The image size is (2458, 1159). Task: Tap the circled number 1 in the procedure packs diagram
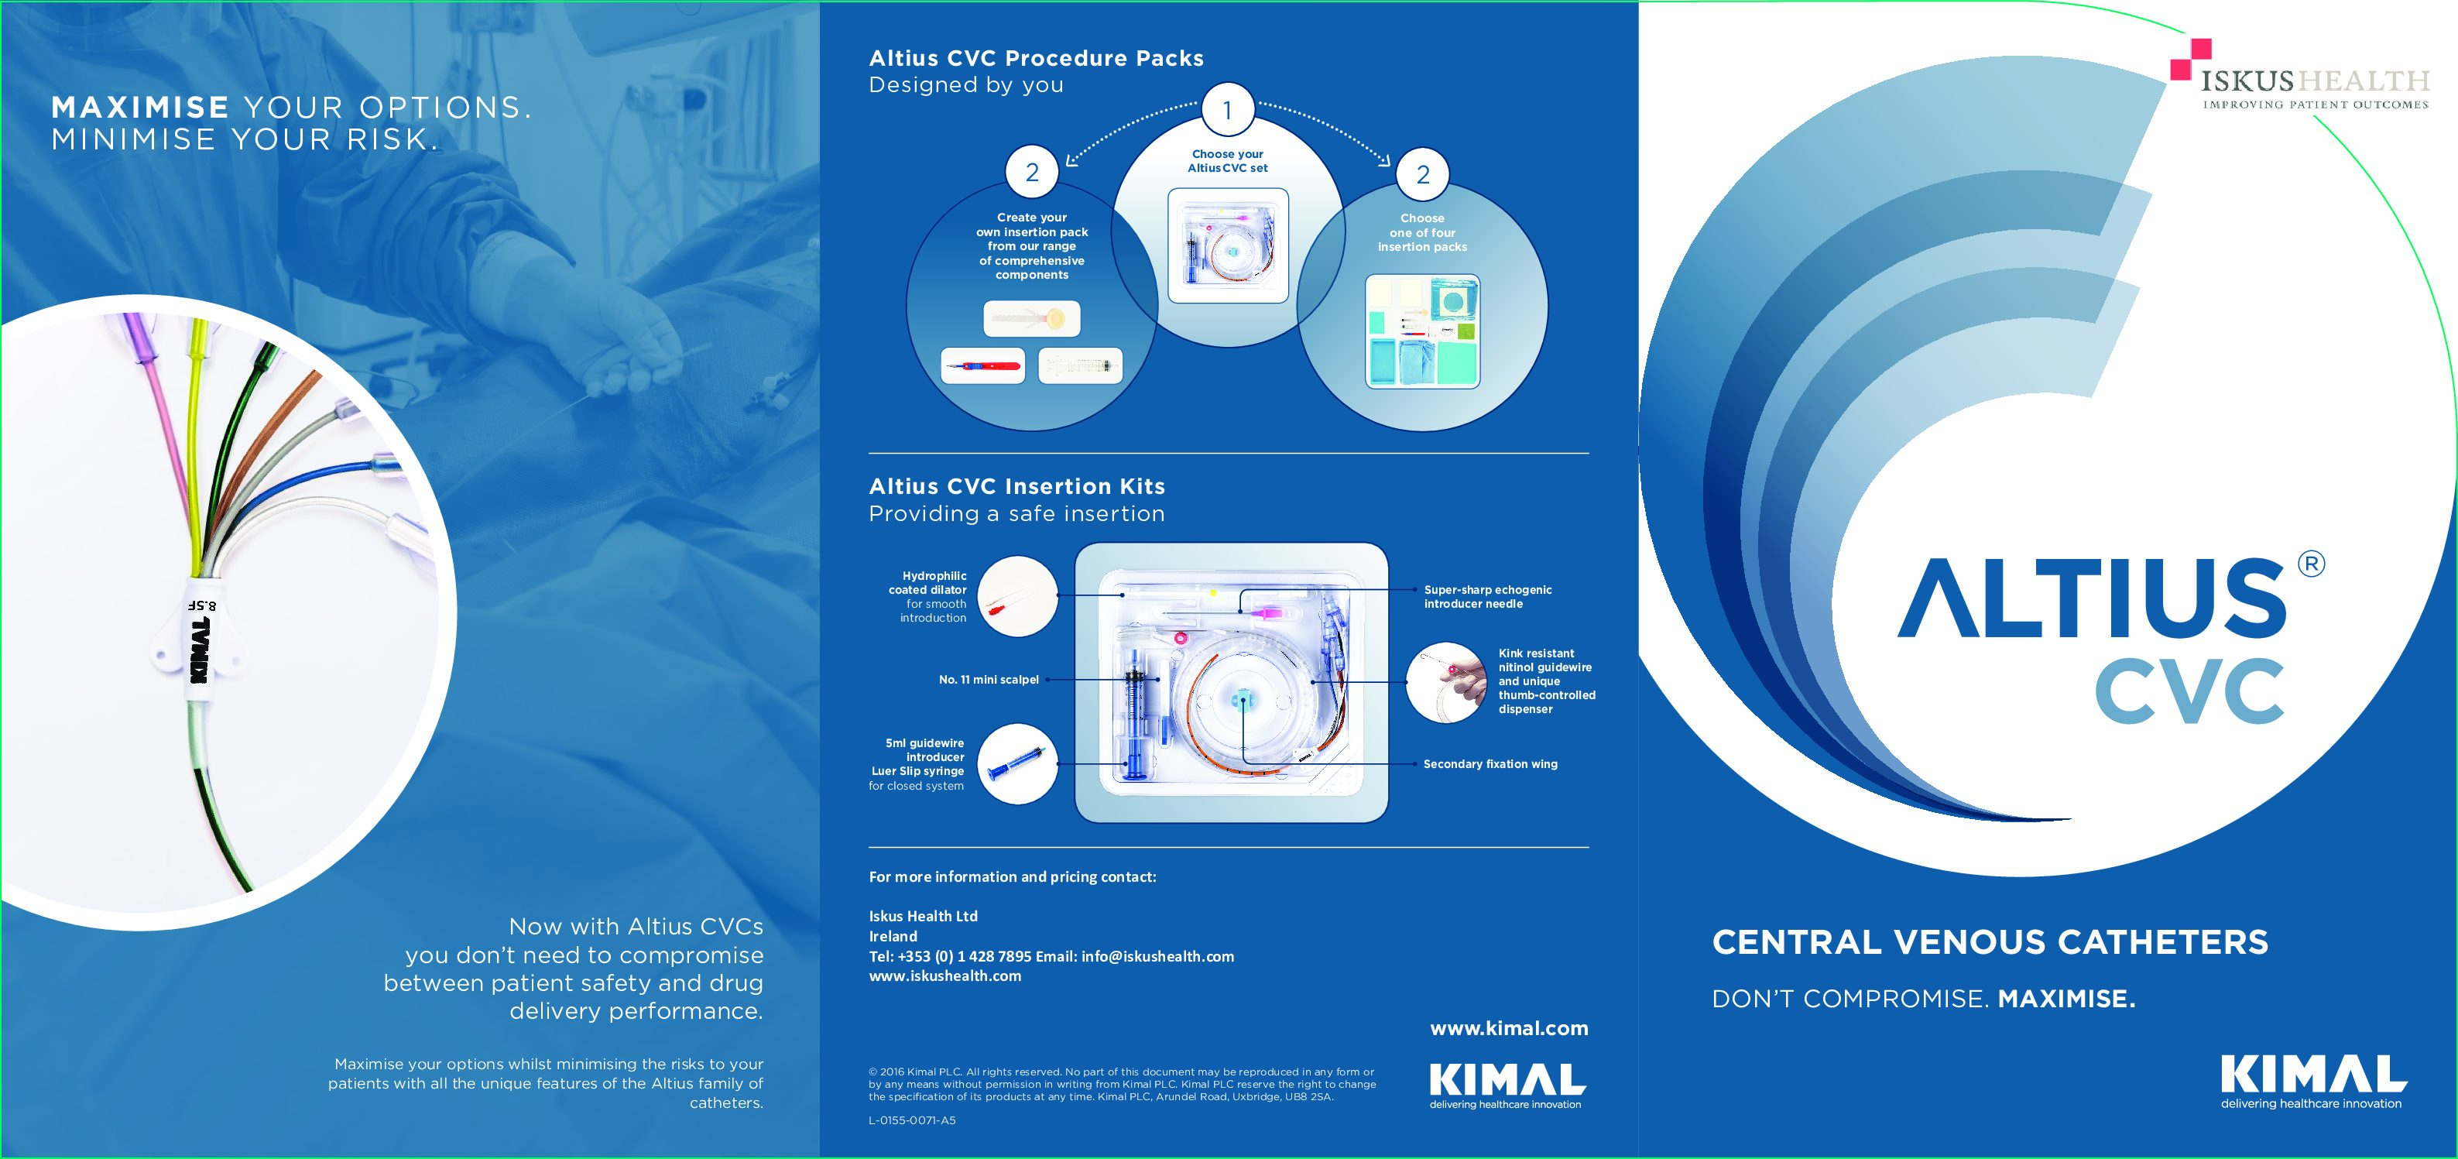click(1227, 111)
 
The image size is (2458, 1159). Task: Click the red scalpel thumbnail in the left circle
click(983, 365)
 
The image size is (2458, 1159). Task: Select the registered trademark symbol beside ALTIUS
click(2311, 564)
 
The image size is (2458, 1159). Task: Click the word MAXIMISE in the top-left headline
click(140, 107)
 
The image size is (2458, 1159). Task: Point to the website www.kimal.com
click(1509, 1028)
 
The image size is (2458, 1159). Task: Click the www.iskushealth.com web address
click(944, 976)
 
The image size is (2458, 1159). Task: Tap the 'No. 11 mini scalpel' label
click(989, 679)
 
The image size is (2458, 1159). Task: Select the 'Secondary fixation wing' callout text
click(1490, 764)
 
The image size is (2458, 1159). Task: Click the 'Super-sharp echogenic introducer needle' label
click(1488, 596)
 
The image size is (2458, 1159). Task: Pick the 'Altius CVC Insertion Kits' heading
click(1017, 486)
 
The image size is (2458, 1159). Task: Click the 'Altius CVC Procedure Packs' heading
click(1037, 58)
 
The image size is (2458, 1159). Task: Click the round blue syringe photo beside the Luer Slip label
click(1017, 764)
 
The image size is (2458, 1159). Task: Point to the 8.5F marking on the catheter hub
click(202, 605)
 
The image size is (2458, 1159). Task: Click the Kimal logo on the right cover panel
click(2313, 1081)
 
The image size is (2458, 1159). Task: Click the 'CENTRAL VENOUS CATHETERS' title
click(1990, 942)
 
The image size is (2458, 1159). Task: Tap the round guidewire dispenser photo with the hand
click(1445, 682)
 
